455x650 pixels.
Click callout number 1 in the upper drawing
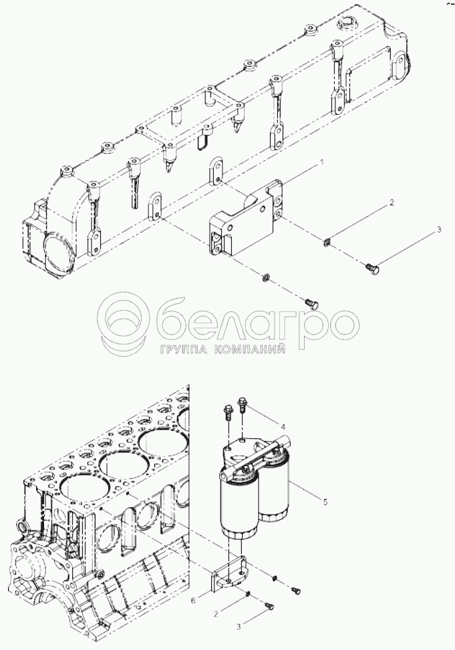tap(321, 163)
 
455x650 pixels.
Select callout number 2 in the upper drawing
tap(391, 202)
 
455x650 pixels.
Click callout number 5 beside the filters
tap(325, 502)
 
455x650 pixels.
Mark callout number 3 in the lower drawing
tap(239, 627)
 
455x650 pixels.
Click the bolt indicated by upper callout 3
tap(371, 268)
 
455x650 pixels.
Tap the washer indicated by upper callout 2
tap(327, 242)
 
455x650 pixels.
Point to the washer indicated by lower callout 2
tap(248, 595)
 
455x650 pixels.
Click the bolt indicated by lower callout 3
tap(269, 607)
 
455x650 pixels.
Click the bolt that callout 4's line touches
tap(243, 403)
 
